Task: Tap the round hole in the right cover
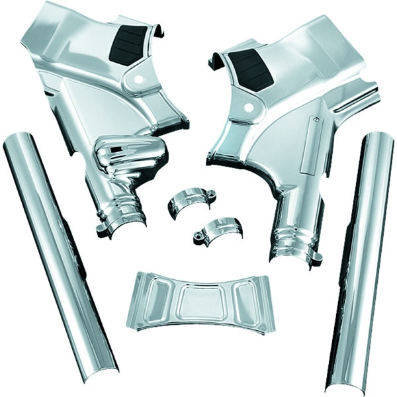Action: (248, 107)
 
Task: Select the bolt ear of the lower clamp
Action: (198, 235)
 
